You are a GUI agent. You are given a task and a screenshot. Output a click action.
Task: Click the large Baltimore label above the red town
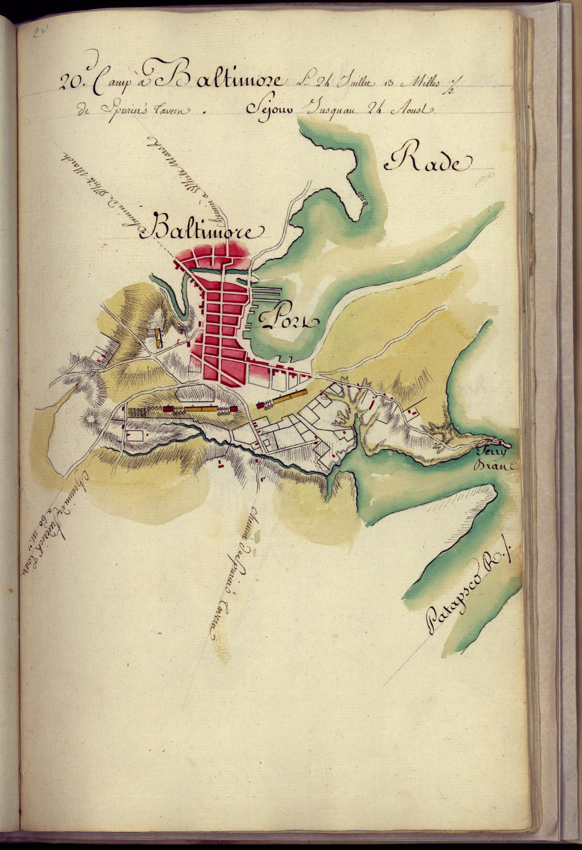pyautogui.click(x=207, y=229)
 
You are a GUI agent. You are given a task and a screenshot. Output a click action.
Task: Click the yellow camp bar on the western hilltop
pyautogui.click(x=158, y=337)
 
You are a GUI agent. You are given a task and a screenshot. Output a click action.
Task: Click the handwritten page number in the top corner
pyautogui.click(x=39, y=33)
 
